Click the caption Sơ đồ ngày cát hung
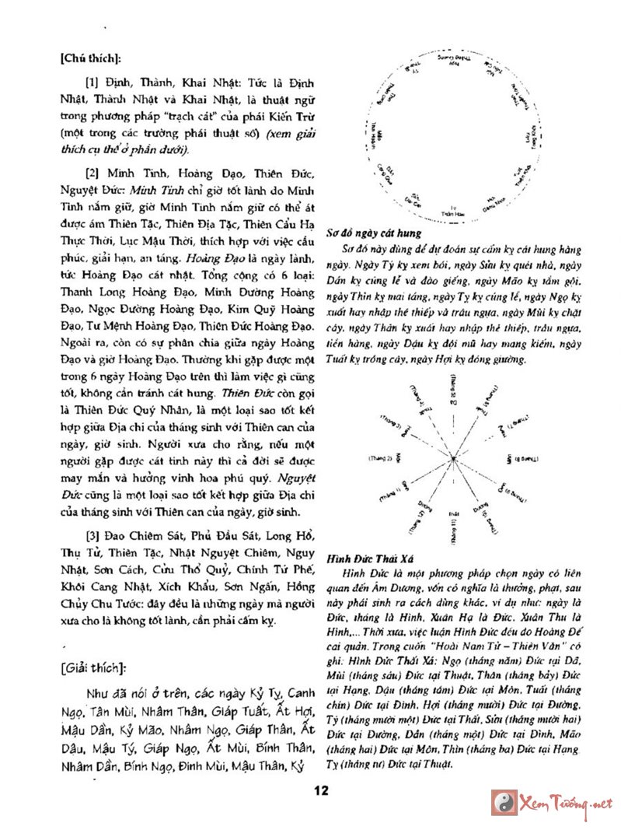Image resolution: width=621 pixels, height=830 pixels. [x=373, y=233]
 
